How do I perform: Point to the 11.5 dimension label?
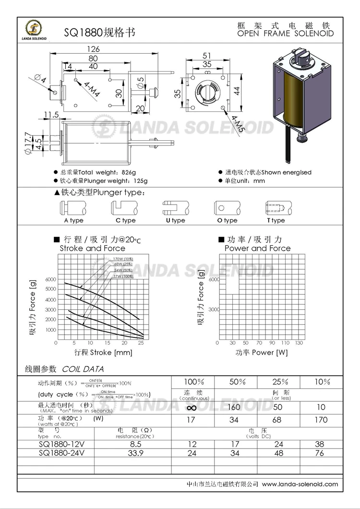tap(50, 114)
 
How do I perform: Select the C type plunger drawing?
tap(125, 207)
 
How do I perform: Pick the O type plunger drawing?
tap(226, 208)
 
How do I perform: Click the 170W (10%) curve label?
tap(123, 259)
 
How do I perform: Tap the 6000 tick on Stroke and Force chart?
tap(50, 279)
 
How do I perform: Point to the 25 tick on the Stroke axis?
tap(141, 343)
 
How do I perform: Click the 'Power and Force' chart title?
tap(257, 248)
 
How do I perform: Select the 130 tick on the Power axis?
tap(299, 343)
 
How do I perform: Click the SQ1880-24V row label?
tap(58, 452)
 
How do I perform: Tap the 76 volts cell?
tap(322, 452)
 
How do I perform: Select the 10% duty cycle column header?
tap(322, 382)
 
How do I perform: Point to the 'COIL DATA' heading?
tap(83, 369)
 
